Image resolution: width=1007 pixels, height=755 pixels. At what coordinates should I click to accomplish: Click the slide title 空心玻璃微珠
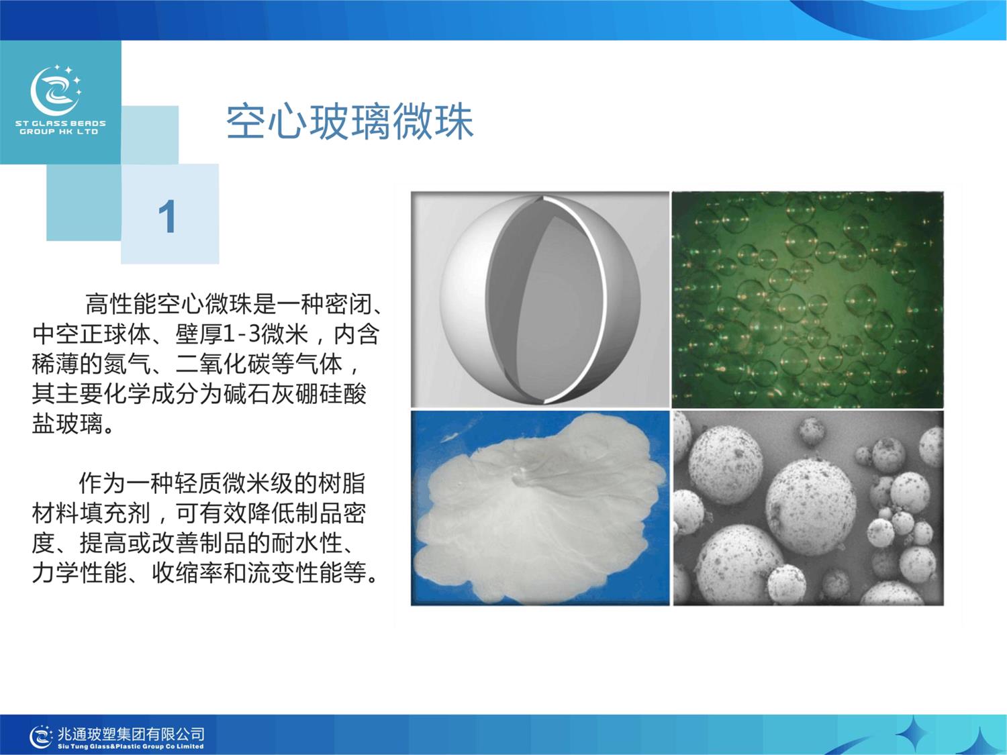click(x=350, y=122)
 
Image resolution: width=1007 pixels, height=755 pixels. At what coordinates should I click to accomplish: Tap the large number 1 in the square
click(x=167, y=216)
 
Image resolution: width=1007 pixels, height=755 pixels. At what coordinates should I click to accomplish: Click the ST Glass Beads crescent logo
click(x=56, y=91)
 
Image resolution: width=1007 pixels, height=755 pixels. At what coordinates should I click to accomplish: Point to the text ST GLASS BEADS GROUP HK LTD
click(x=60, y=128)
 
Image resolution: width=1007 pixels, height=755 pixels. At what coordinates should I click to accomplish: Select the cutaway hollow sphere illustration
click(x=540, y=299)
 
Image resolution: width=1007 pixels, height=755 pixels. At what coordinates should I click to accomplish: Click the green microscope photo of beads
click(x=808, y=299)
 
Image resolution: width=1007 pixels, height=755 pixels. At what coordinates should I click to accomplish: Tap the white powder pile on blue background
click(x=540, y=508)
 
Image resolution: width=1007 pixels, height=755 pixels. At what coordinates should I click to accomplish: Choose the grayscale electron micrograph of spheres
click(x=808, y=508)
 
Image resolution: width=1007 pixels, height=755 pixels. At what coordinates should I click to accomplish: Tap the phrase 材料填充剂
click(x=91, y=513)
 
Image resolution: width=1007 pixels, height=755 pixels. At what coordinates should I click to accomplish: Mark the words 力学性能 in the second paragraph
click(x=79, y=573)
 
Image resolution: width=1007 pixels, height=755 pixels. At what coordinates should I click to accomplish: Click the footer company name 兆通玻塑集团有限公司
click(x=131, y=734)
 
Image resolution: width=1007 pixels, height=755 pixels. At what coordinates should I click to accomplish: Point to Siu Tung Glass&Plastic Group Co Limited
click(x=131, y=746)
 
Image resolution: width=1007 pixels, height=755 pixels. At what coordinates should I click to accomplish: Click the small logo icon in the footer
click(x=41, y=737)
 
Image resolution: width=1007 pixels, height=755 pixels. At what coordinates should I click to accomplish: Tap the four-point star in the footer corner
click(x=913, y=733)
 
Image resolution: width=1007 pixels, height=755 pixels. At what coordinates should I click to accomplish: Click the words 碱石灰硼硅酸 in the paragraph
click(x=295, y=394)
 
